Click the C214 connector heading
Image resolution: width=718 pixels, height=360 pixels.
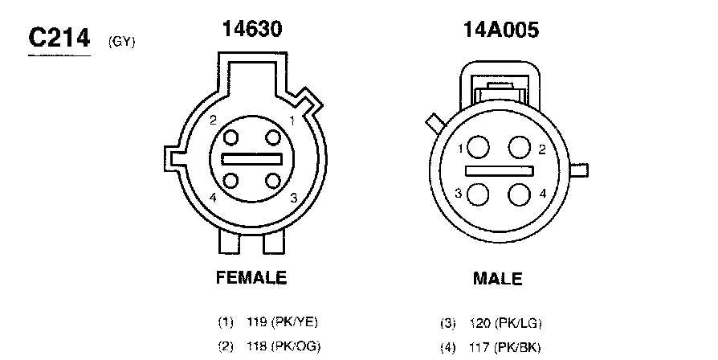(59, 38)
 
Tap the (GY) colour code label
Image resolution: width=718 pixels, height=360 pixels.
(122, 42)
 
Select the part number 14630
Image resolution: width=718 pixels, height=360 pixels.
(252, 28)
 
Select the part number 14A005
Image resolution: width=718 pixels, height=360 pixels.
(501, 30)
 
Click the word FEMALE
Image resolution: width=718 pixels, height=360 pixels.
(251, 277)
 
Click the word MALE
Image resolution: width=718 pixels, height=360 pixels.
(498, 279)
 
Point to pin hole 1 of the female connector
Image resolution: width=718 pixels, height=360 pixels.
(273, 137)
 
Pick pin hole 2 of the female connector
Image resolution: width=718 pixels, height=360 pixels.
(230, 137)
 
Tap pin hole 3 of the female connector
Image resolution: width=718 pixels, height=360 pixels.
(273, 181)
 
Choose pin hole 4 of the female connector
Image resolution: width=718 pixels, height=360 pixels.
(230, 181)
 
